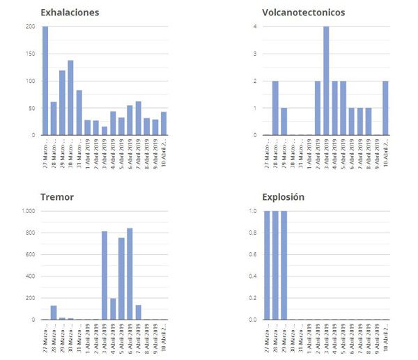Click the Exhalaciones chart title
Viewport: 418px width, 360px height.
pos(70,13)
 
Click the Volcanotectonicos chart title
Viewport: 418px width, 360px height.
pos(303,13)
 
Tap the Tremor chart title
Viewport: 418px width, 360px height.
pos(58,197)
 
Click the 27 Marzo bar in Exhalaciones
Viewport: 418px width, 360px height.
pos(45,81)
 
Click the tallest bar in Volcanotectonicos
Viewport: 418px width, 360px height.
pos(325,81)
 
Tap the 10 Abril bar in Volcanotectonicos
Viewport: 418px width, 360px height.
pos(385,108)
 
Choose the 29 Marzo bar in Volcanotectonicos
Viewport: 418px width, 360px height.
pos(284,121)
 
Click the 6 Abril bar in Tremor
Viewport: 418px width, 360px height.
pos(130,274)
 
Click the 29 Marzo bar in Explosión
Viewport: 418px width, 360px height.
pos(284,265)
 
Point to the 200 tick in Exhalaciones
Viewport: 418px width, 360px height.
pos(30,26)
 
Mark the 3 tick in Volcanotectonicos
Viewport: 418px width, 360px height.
pos(256,54)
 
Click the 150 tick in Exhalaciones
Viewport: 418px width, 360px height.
pos(30,54)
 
